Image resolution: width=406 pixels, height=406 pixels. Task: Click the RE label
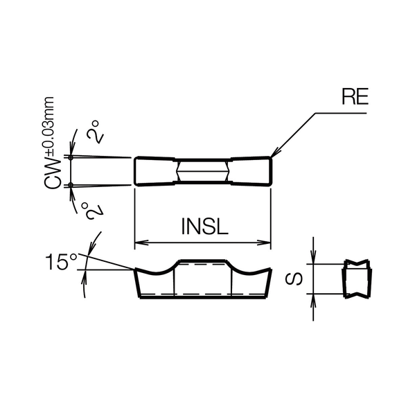[355, 96]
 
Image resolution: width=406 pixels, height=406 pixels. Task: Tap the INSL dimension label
[204, 227]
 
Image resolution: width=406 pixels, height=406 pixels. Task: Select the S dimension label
[294, 279]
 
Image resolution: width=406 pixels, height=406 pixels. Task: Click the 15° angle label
[62, 262]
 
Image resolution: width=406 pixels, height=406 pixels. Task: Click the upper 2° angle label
[95, 132]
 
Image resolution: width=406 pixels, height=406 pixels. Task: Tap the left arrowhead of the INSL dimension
[141, 242]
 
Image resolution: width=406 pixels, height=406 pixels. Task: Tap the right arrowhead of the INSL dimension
[264, 242]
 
